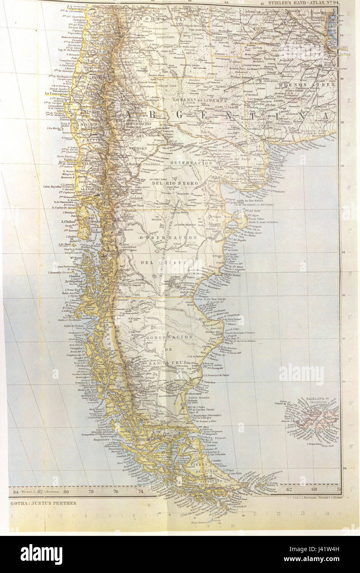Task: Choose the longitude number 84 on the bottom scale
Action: (x=16, y=491)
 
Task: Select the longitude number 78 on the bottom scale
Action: (x=91, y=491)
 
